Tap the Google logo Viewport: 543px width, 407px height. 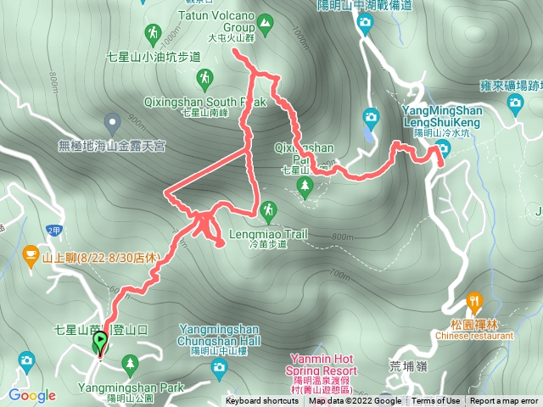tap(32, 395)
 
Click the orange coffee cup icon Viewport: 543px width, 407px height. tap(31, 252)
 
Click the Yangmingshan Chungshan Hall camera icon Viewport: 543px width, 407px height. tap(220, 367)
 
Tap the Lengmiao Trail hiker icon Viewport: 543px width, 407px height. tap(269, 209)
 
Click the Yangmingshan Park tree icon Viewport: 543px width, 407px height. tap(130, 365)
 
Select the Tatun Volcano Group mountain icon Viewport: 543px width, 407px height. tap(266, 25)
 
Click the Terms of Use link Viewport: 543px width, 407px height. tap(436, 401)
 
